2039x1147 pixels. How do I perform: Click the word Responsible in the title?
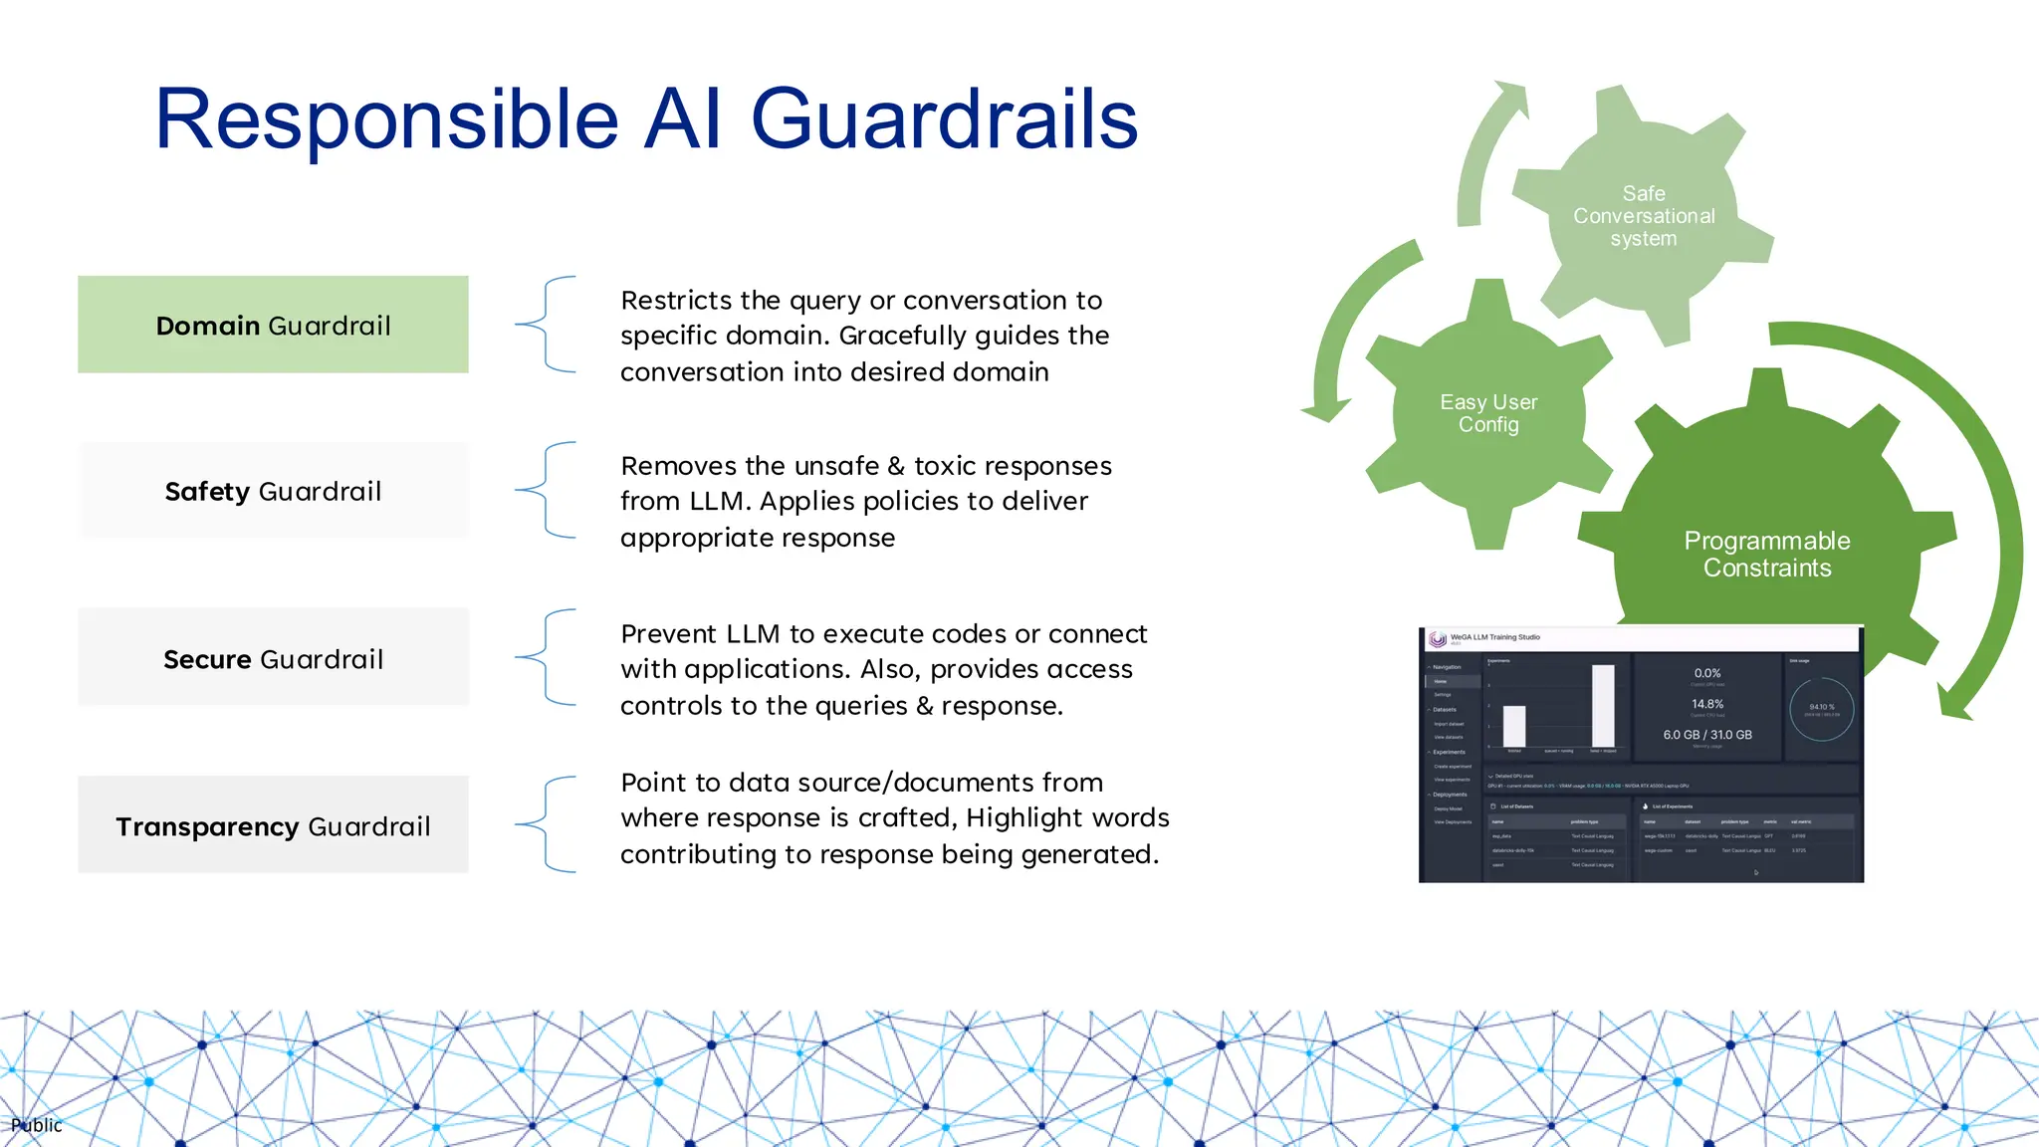386,119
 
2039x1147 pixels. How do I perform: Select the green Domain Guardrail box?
273,325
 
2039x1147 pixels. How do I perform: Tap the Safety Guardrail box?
273,491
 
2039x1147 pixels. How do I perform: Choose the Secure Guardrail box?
273,658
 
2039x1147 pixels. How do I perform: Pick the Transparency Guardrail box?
273,825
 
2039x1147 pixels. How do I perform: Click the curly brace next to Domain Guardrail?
547,325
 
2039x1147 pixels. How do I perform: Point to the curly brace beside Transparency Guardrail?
547,824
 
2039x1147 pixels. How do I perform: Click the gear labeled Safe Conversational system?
1643,216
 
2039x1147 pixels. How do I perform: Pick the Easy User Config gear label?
1488,413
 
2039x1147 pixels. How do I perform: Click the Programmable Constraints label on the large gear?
1766,554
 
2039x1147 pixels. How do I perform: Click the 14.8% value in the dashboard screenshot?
1706,704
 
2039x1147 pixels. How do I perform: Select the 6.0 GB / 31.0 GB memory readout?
1706,735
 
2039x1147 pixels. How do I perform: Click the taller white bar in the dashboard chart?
1603,705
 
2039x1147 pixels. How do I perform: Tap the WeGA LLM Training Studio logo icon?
1437,639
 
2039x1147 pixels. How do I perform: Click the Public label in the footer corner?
37,1125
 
